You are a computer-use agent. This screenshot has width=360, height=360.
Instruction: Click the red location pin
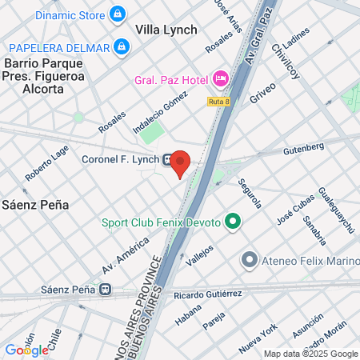[181, 162]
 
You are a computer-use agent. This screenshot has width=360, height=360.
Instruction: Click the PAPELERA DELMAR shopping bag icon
[121, 47]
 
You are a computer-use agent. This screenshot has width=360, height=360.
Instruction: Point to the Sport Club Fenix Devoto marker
[233, 222]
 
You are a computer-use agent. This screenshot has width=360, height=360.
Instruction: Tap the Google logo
[26, 350]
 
